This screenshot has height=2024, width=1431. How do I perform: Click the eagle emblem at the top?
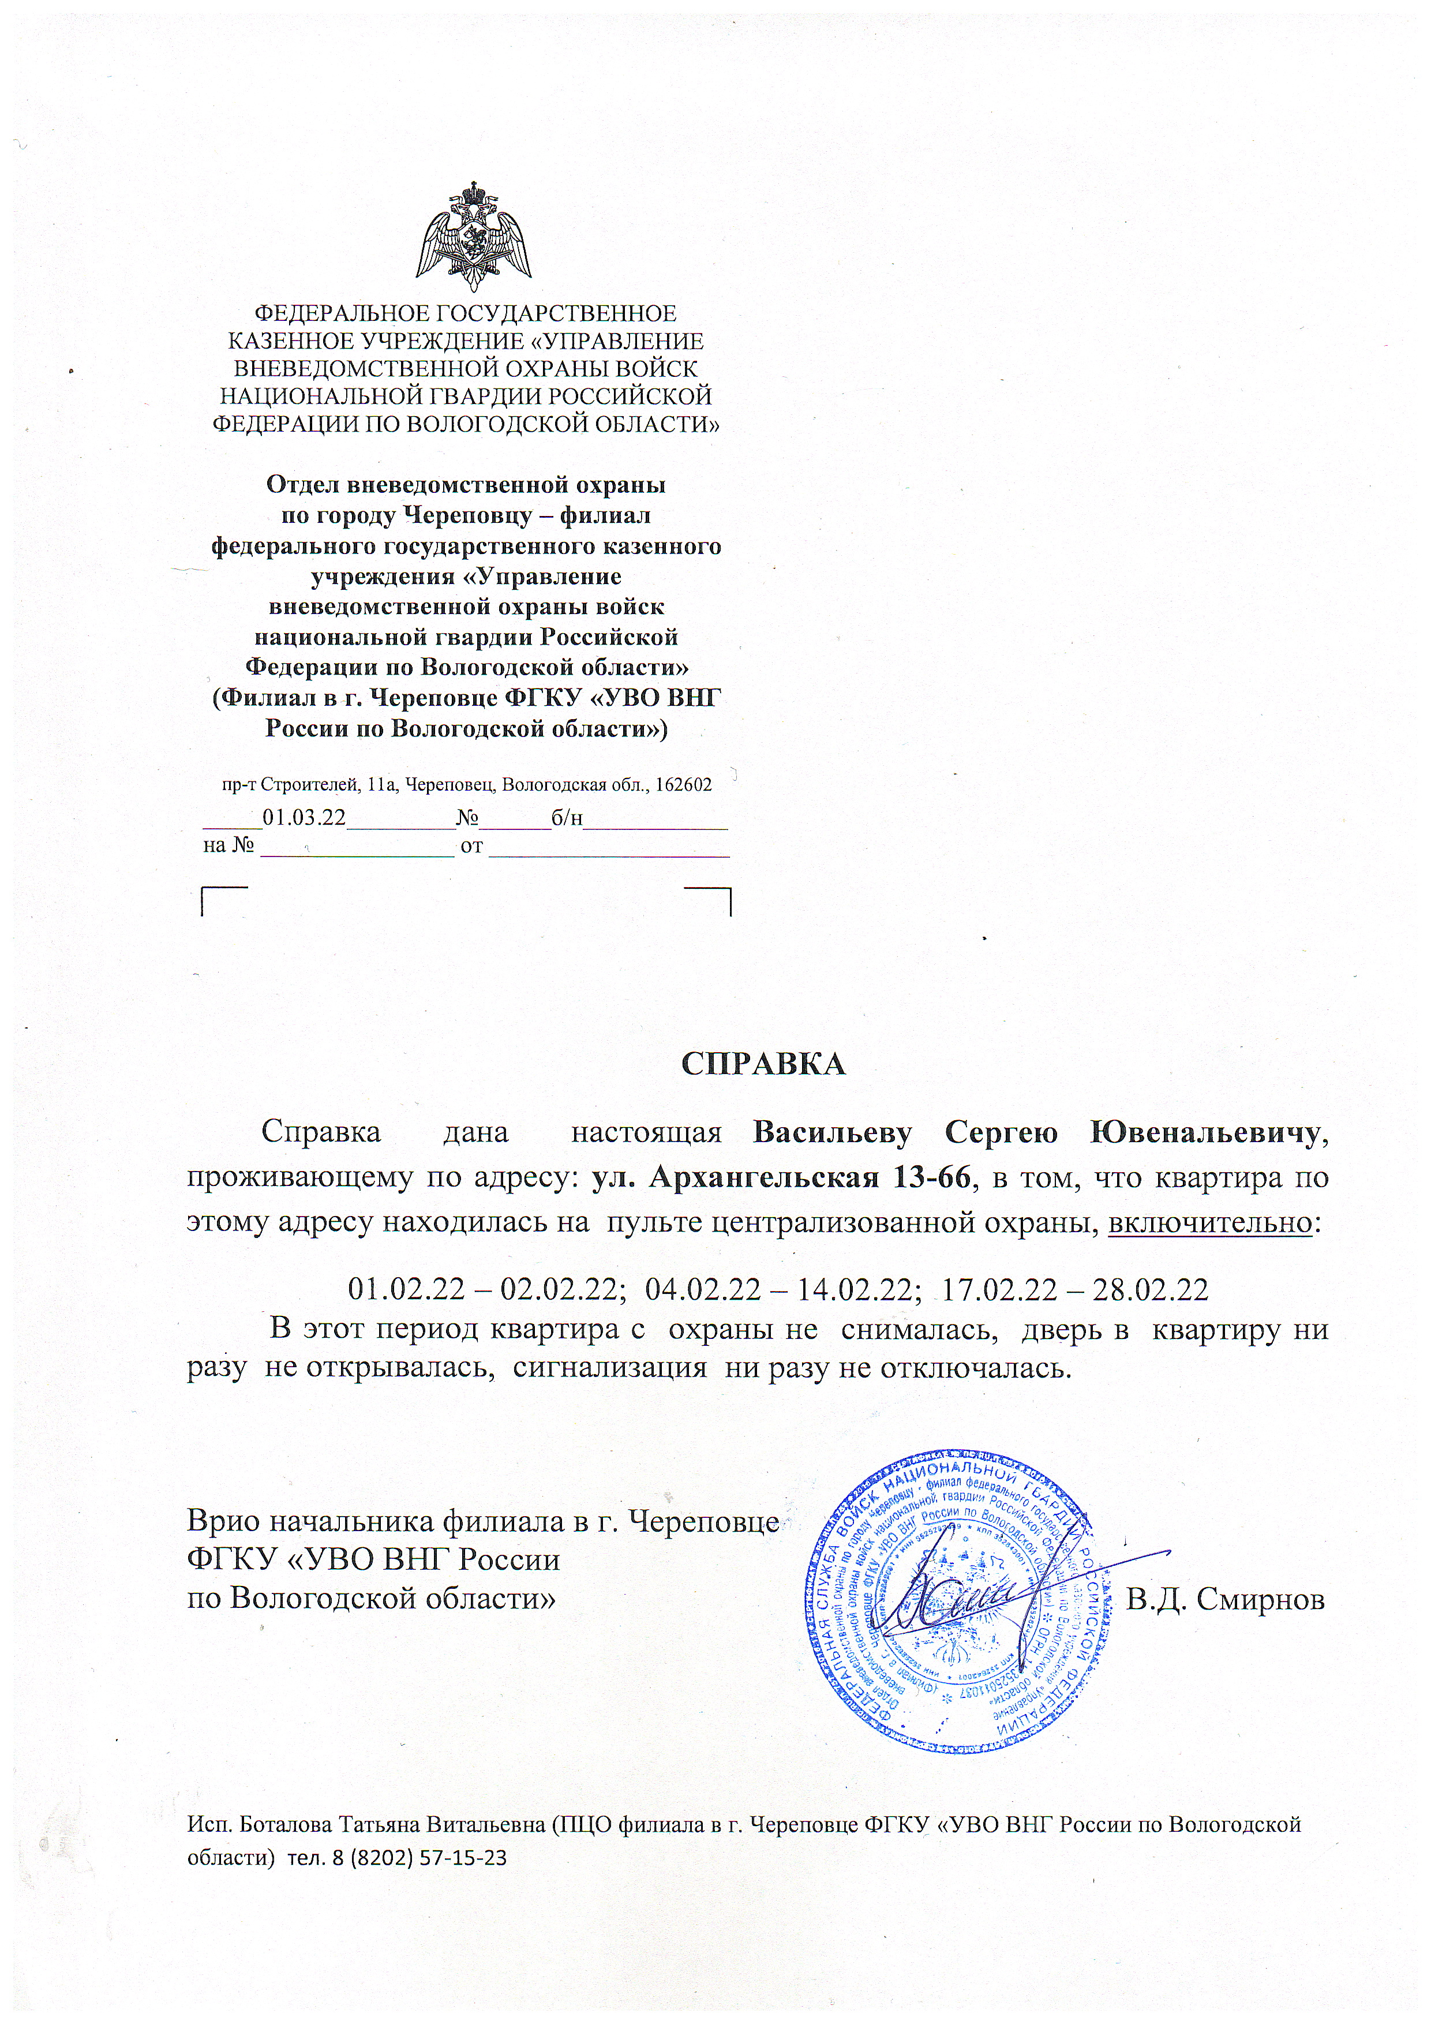pos(474,235)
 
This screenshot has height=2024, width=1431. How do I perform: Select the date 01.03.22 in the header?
pos(304,817)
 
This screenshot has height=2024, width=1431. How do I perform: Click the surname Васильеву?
pos(832,1133)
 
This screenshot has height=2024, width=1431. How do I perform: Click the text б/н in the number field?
pos(567,817)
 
